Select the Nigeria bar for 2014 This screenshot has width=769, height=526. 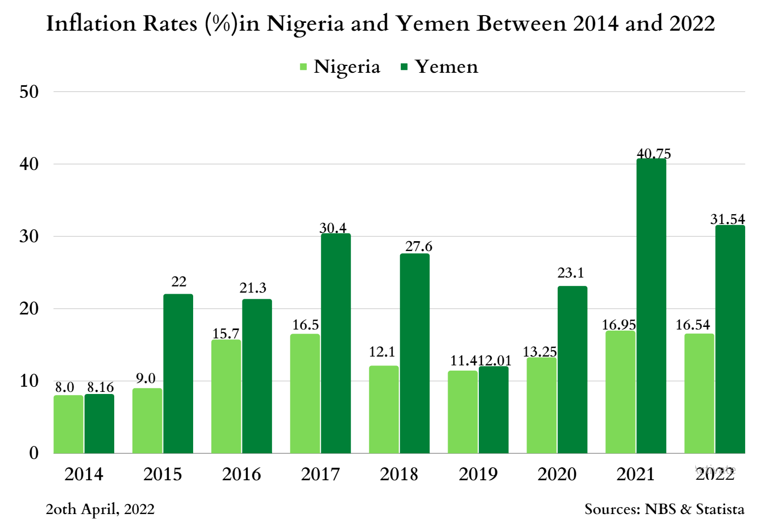[x=69, y=424]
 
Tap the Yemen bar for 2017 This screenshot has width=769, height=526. [x=335, y=343]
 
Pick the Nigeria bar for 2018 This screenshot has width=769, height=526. [x=384, y=410]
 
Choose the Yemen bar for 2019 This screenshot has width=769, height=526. [x=493, y=410]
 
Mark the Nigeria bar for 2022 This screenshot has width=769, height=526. [x=699, y=393]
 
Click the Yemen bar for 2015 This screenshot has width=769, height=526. [x=178, y=374]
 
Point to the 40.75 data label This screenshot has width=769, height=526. [x=654, y=154]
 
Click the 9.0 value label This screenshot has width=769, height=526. [x=146, y=378]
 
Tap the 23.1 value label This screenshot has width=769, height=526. [x=571, y=273]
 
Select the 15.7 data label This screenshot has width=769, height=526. [x=226, y=334]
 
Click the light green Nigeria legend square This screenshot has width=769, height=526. [x=304, y=67]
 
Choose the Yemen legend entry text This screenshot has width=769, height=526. [x=447, y=67]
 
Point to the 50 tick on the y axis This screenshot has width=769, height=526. [x=29, y=92]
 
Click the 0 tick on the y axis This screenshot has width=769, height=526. [x=34, y=453]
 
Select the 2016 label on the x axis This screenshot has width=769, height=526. [x=241, y=474]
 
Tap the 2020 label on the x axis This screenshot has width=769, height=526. [x=557, y=474]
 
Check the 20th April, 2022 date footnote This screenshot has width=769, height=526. [x=100, y=509]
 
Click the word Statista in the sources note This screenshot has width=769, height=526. [x=720, y=509]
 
